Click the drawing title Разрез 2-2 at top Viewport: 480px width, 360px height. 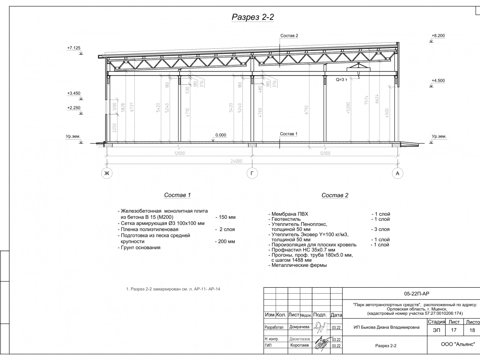[252, 17]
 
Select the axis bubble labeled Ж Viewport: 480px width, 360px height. [107, 173]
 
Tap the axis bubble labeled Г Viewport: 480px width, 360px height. [252, 173]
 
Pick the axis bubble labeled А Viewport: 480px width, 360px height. [397, 173]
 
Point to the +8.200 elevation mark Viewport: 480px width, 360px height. [438, 36]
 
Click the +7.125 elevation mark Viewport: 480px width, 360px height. [74, 48]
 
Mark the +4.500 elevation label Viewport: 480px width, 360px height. [438, 81]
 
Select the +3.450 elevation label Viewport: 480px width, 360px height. [74, 93]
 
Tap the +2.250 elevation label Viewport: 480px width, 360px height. [74, 108]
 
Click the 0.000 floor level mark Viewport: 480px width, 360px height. [221, 135]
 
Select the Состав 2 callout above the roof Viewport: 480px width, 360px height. [289, 36]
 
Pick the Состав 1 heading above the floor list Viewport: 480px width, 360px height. [177, 195]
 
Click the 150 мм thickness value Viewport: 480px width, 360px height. [226, 217]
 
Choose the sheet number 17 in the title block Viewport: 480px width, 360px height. [454, 330]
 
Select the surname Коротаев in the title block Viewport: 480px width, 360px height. [300, 345]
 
